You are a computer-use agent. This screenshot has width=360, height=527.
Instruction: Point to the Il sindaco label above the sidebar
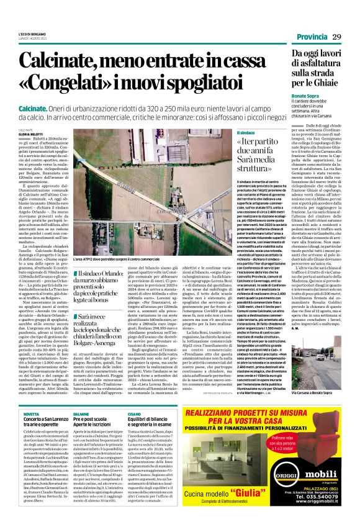[246, 133]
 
